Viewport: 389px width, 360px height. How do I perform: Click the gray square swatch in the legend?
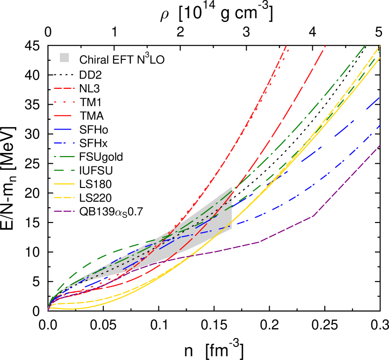click(65, 58)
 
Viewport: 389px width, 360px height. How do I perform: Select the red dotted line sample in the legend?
click(64, 102)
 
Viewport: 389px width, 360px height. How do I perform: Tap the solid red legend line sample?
click(63, 115)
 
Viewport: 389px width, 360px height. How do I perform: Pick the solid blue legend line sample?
click(63, 129)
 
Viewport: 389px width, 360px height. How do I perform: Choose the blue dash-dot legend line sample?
click(64, 143)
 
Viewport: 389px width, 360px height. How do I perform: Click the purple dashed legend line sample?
click(64, 211)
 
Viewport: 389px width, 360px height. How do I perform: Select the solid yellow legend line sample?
click(64, 184)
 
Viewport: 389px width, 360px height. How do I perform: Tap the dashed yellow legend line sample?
click(64, 197)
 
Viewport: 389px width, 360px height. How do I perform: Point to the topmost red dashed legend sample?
click(64, 88)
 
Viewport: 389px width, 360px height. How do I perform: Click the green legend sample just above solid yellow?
click(64, 170)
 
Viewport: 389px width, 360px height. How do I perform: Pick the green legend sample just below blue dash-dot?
click(64, 156)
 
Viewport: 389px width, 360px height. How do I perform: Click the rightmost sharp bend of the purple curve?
click(312, 216)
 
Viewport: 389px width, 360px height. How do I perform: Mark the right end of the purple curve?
click(380, 145)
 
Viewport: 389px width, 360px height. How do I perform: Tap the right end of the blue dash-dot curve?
click(380, 125)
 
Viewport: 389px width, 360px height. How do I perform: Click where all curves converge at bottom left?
click(48, 310)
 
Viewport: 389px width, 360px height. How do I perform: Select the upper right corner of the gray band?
click(232, 187)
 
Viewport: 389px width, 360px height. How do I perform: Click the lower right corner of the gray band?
click(232, 228)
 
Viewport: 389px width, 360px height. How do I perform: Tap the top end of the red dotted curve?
click(288, 50)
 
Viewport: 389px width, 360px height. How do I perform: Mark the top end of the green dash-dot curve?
click(365, 45)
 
